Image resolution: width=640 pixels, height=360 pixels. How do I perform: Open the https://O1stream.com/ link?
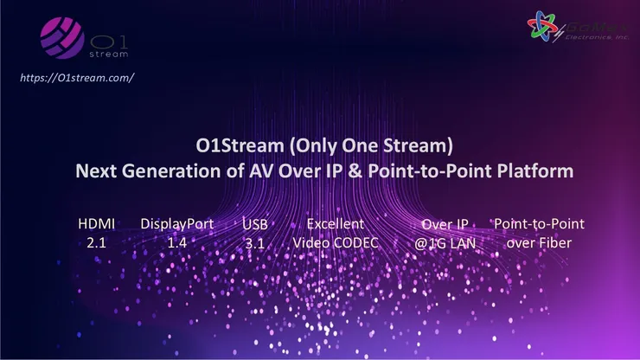tap(76, 77)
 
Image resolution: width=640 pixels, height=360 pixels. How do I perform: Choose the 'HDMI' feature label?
tap(97, 224)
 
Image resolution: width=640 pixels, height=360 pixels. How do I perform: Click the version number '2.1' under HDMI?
tap(97, 243)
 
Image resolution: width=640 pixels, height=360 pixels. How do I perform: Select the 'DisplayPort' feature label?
tap(176, 224)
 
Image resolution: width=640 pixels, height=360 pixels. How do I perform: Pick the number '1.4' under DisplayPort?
tap(176, 243)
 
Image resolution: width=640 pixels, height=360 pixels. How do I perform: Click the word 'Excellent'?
tap(336, 224)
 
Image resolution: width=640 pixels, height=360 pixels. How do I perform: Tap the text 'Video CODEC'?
tap(336, 243)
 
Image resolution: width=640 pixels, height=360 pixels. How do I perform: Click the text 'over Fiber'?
tap(538, 243)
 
